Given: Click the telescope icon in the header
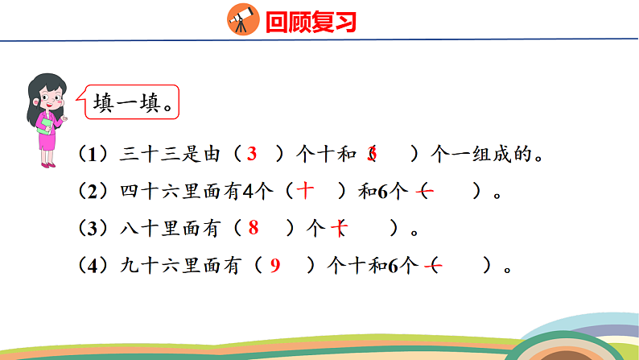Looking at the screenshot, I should pos(241,19).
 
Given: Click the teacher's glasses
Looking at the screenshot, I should pos(50,96).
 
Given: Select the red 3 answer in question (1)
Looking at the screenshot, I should pos(252,154).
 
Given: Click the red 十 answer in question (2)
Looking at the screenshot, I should pos(306,192).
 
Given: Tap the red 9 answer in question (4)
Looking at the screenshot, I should pos(274,266).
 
